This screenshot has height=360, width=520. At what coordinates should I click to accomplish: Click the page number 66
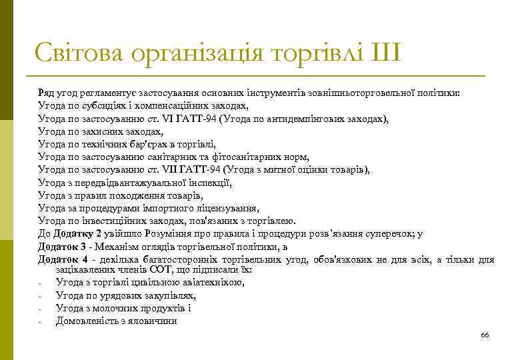[x=485, y=335]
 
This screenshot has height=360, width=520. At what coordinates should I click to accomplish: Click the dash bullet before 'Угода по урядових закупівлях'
[x=41, y=296]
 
